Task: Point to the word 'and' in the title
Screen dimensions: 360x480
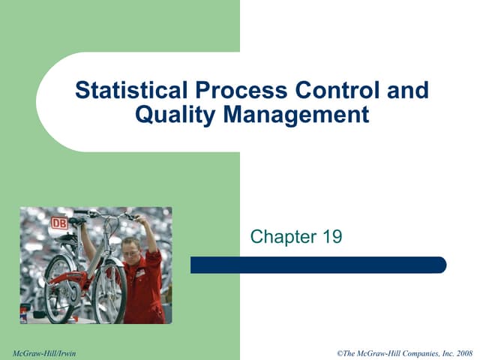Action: pos(410,91)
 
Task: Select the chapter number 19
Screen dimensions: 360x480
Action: pos(330,238)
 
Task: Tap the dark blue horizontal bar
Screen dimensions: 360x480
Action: pos(318,265)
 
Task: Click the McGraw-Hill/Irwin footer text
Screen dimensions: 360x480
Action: pos(45,352)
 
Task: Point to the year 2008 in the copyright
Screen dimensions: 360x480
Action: pos(462,352)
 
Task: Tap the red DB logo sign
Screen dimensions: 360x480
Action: pos(58,223)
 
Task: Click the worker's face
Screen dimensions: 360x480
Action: pos(131,250)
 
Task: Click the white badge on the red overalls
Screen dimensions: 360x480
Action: pos(140,273)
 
